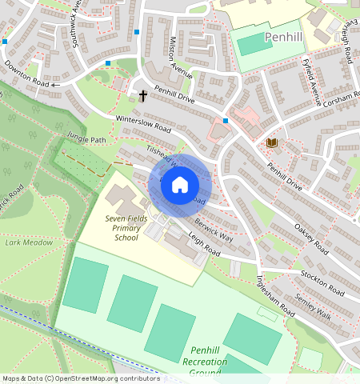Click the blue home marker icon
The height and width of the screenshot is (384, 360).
[180, 185]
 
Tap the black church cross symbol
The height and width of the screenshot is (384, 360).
[143, 96]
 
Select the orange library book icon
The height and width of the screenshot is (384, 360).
[271, 143]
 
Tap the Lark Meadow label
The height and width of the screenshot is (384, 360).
[29, 242]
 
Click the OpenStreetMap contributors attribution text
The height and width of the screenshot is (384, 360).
[80, 378]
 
